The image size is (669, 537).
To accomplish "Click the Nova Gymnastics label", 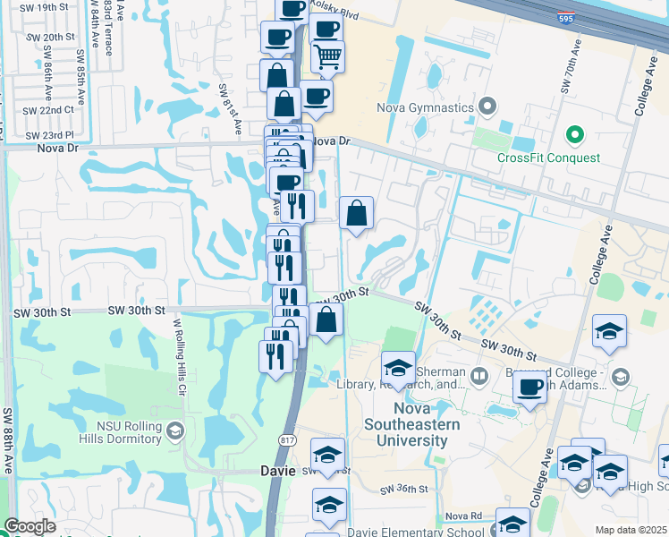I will pyautogui.click(x=428, y=108).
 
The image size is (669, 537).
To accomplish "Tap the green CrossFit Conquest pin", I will pyautogui.click(x=574, y=135).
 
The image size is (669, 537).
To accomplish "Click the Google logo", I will pyautogui.click(x=30, y=526).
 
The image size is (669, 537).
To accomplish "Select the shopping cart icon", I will pyautogui.click(x=328, y=56).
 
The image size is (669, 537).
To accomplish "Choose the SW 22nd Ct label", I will pyautogui.click(x=49, y=110).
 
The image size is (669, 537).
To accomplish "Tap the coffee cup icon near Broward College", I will pyautogui.click(x=529, y=387).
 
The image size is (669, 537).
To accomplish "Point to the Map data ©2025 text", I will pyautogui.click(x=631, y=530).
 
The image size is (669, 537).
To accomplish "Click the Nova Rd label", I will pyautogui.click(x=463, y=516).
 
